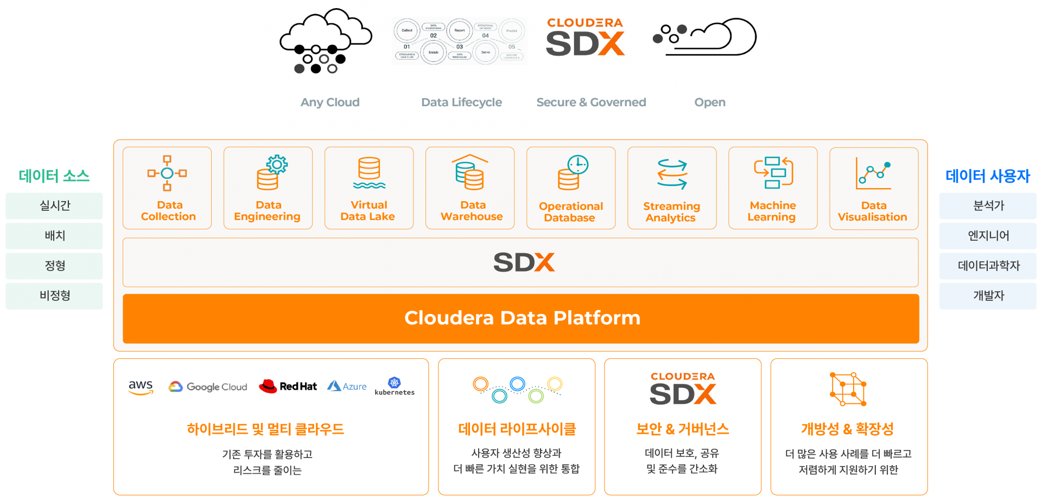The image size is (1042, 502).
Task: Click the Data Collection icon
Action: [x=167, y=173]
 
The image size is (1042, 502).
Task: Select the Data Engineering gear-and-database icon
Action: [x=272, y=173]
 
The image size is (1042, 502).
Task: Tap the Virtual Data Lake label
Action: [x=368, y=211]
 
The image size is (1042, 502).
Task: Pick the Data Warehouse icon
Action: [x=470, y=172]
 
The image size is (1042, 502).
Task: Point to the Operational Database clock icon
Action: [x=573, y=172]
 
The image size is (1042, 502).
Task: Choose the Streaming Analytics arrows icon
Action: [x=672, y=174]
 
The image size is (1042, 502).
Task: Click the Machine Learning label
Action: [x=772, y=211]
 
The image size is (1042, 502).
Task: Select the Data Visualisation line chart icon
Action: [x=873, y=173]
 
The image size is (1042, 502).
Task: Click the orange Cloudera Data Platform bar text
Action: [x=522, y=318]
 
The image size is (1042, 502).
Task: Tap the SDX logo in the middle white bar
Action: [x=524, y=262]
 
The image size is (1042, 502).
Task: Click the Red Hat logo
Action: [x=288, y=387]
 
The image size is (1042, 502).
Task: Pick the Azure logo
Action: [x=347, y=386]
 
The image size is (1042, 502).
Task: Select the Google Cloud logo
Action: [x=207, y=387]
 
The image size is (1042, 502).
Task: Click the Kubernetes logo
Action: [x=395, y=386]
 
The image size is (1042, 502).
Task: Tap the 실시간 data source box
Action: [x=54, y=206]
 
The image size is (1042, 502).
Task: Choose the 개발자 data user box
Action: [x=988, y=296]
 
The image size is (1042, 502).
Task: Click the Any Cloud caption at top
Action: [x=330, y=102]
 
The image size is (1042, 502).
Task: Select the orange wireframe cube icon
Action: [x=848, y=389]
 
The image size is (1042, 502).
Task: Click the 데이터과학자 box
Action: [x=988, y=266]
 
